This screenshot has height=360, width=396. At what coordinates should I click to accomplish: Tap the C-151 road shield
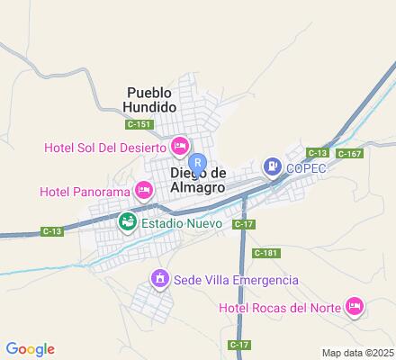(x=138, y=124)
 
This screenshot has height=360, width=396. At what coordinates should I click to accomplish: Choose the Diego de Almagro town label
(x=197, y=180)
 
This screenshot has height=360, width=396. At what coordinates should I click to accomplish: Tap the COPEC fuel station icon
(x=272, y=166)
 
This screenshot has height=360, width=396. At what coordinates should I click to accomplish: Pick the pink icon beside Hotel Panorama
(x=142, y=190)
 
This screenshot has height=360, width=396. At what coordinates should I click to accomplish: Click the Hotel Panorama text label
(x=85, y=191)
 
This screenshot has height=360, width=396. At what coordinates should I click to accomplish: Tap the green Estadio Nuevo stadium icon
(x=127, y=220)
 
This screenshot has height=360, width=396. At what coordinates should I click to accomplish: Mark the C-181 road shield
(x=265, y=253)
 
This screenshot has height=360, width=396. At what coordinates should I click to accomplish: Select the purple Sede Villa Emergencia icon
(x=160, y=280)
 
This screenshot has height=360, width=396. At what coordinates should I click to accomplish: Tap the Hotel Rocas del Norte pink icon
(x=355, y=308)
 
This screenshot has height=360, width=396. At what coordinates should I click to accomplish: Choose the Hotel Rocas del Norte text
(x=280, y=309)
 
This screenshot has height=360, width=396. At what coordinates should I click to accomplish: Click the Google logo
(x=30, y=349)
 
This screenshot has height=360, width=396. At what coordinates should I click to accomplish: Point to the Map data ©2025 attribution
(x=357, y=352)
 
